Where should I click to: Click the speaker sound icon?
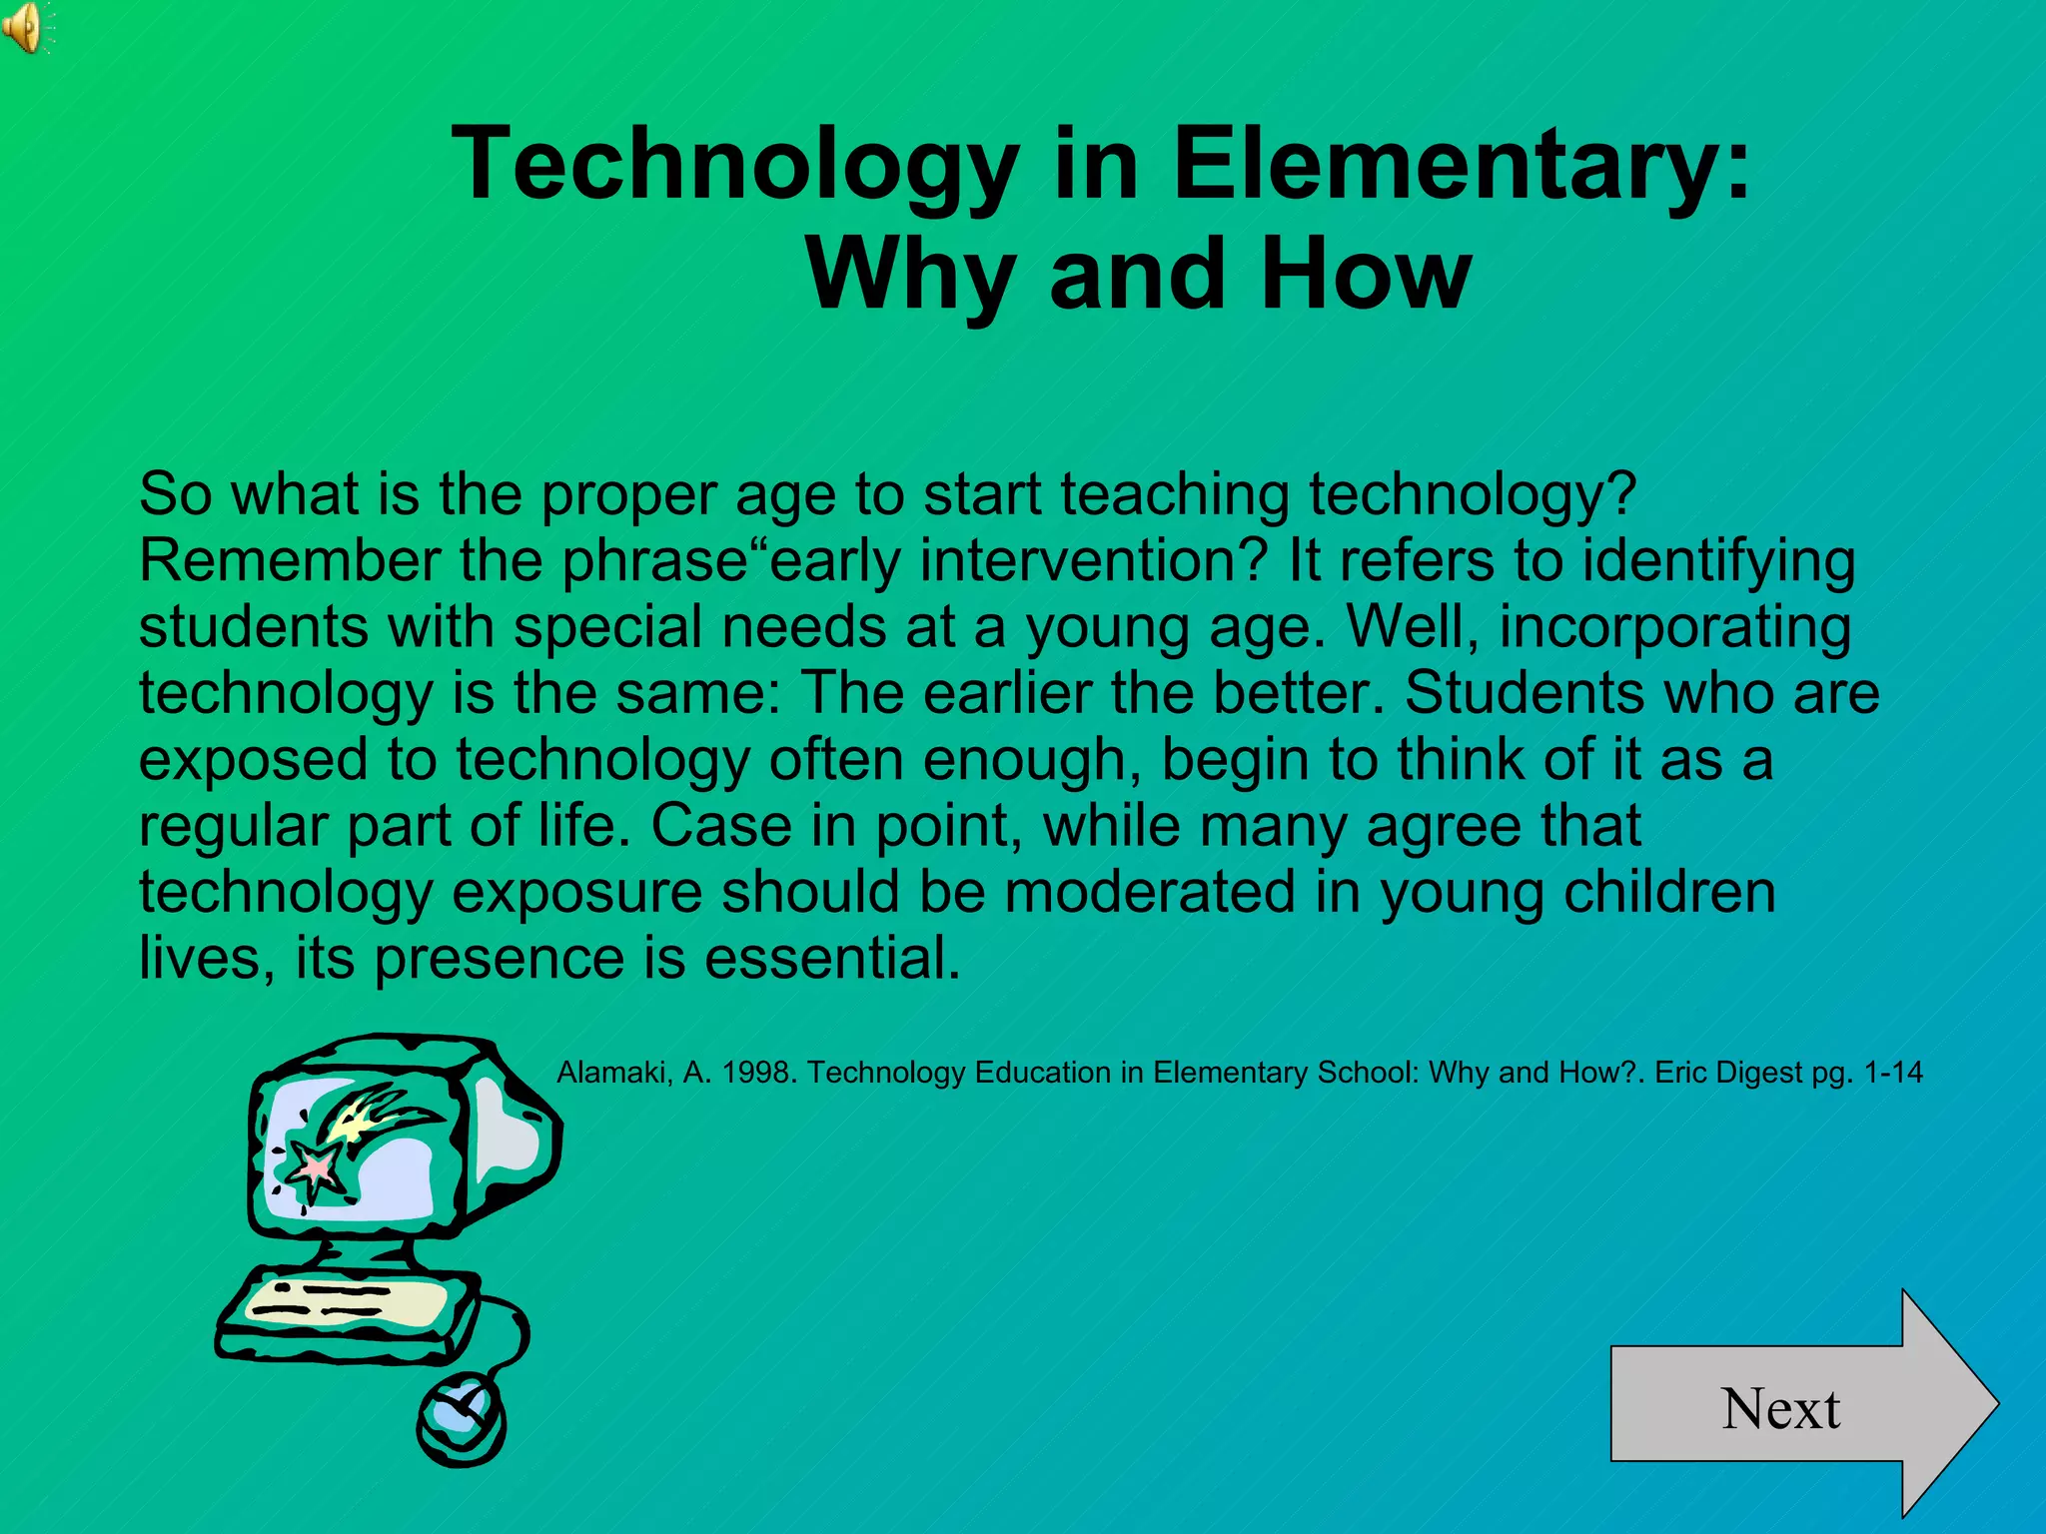(x=24, y=27)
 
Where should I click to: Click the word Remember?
(x=289, y=561)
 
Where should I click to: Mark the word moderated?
(x=1149, y=892)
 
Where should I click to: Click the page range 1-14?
(x=1892, y=1073)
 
